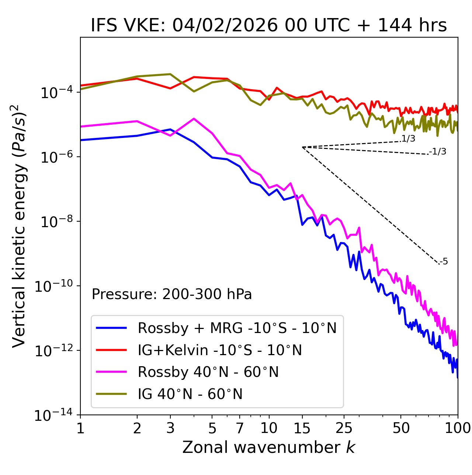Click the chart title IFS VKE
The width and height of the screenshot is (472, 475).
click(268, 26)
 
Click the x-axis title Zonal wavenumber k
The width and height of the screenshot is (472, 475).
click(268, 447)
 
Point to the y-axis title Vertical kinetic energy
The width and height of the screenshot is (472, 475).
click(19, 226)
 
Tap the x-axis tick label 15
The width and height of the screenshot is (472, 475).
click(302, 428)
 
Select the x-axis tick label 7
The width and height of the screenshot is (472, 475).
click(240, 428)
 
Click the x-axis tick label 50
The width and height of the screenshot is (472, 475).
click(401, 428)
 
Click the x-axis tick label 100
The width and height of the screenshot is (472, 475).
click(458, 428)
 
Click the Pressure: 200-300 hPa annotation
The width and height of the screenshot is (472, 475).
click(171, 294)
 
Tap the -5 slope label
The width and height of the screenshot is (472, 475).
click(444, 262)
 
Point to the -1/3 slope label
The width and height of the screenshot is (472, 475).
click(438, 151)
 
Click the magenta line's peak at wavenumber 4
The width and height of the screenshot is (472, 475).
click(194, 119)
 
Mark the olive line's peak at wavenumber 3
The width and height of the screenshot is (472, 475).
click(170, 74)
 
